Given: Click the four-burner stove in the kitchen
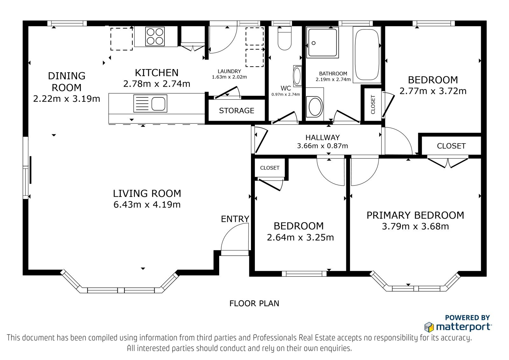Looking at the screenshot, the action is pos(155,36).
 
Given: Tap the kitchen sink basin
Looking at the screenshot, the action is pos(158,104).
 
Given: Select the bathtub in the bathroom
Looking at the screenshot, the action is pos(367,54).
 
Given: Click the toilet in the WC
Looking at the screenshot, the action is pos(284,38).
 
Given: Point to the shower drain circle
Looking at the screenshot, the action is pos(314,43).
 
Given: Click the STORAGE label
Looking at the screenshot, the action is pos(237,110).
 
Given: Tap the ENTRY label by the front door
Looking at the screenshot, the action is pos(235,219).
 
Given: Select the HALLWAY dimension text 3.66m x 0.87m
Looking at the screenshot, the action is pos(323,145).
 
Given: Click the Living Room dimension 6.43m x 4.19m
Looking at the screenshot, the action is pos(147,204).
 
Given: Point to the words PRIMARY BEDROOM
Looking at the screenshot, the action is pos(415,215).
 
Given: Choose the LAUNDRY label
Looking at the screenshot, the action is pos(229,71).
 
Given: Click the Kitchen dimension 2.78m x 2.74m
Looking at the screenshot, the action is pos(157,84).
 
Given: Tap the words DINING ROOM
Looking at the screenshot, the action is pos(66,81).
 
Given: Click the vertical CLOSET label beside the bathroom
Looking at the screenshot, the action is pos(373,104).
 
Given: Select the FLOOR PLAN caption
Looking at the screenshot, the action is pos(254,303).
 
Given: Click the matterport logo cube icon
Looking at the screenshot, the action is pos(429,327).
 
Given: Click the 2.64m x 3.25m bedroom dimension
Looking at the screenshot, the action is pos(300,237).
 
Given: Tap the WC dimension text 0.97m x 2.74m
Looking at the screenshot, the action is pos(286,95).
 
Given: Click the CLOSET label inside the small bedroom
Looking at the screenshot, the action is pos(269,168).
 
